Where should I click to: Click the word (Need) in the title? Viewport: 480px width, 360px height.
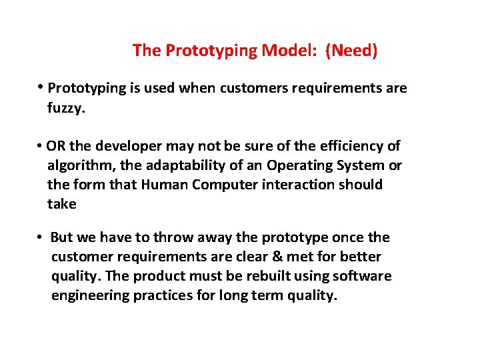[x=351, y=51]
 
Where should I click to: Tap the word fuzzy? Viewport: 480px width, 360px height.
[x=67, y=107]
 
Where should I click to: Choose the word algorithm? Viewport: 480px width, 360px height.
[x=77, y=165]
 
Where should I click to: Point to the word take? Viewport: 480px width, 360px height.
[x=62, y=204]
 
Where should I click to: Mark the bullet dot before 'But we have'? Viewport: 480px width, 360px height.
[x=40, y=238]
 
